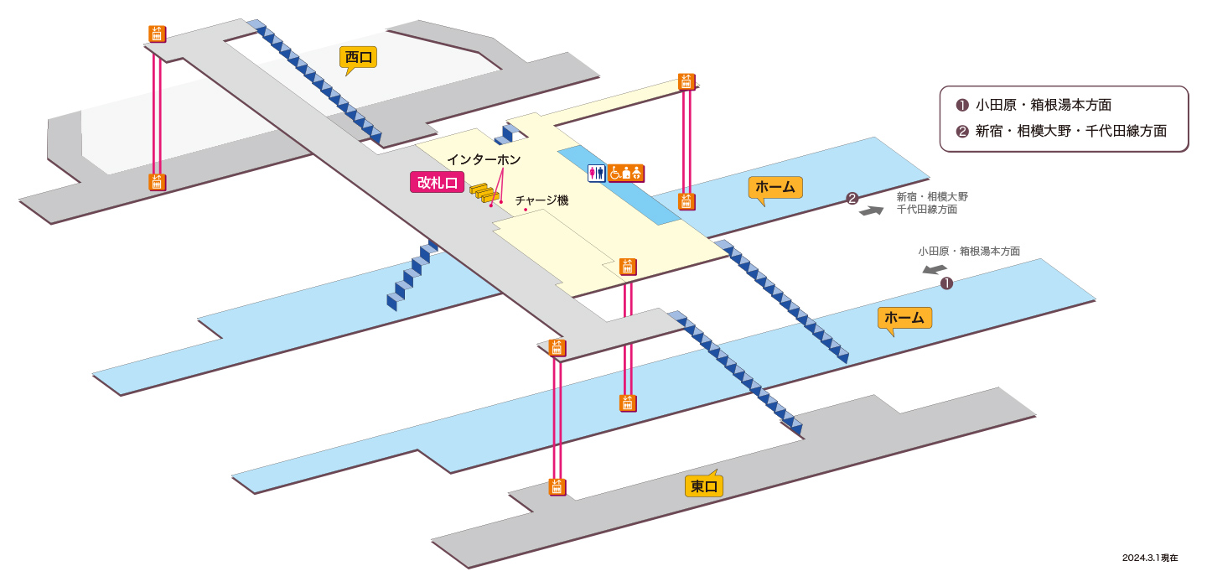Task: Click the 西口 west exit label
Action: coord(359,58)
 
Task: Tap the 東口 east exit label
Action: coord(704,486)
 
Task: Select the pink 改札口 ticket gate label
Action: coord(437,183)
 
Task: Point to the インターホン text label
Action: coord(484,159)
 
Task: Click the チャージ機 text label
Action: coord(541,200)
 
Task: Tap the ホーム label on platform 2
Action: coord(775,188)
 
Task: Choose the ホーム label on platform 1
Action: coord(904,318)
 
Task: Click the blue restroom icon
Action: coord(597,173)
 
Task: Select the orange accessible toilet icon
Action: coord(626,173)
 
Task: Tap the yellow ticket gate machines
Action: coord(483,192)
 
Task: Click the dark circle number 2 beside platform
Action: coord(852,199)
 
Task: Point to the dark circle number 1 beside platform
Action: coord(946,283)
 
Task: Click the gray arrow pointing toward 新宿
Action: coord(871,210)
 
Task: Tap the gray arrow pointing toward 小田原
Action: coord(935,269)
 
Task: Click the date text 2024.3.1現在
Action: coord(1150,558)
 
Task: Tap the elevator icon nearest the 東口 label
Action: coord(557,486)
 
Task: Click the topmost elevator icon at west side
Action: coord(158,34)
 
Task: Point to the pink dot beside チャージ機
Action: coord(526,210)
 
